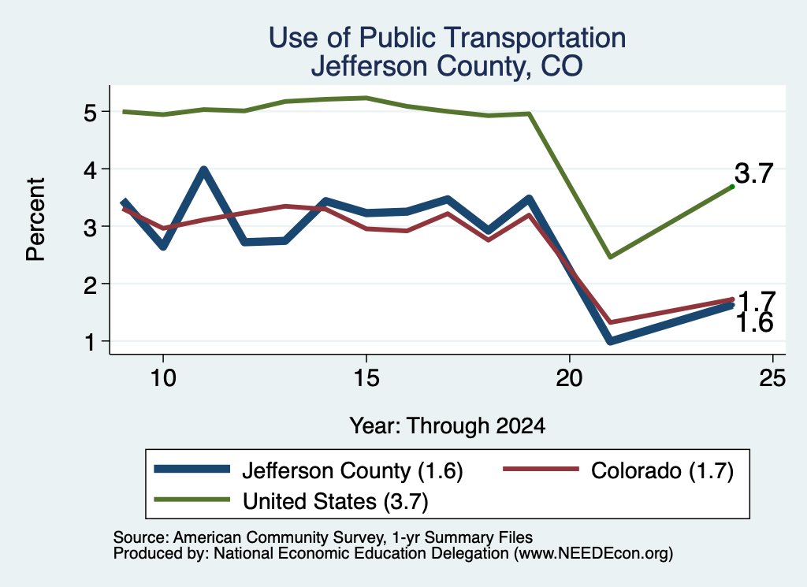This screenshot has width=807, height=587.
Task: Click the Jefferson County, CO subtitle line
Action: click(447, 67)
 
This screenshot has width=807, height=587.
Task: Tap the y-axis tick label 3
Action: click(90, 227)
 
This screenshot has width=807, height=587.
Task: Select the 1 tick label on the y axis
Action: click(90, 342)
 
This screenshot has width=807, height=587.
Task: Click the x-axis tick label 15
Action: click(366, 378)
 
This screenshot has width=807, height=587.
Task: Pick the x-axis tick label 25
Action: click(772, 378)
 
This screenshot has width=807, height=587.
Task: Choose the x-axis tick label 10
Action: click(162, 378)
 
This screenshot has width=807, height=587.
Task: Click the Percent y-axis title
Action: click(35, 220)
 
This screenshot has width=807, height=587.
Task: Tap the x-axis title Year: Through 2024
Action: click(448, 426)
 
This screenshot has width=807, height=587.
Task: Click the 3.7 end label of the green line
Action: click(753, 173)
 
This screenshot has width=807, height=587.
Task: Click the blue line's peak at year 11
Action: click(204, 169)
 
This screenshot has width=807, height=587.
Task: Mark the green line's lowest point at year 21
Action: click(610, 257)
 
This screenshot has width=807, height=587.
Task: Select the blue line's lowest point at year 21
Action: click(611, 340)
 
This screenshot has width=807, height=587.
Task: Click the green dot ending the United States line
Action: click(732, 187)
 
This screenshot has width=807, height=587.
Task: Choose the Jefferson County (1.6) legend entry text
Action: click(352, 470)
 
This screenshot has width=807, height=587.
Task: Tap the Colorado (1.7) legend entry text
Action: click(662, 470)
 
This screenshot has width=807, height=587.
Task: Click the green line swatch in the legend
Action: click(192, 500)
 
